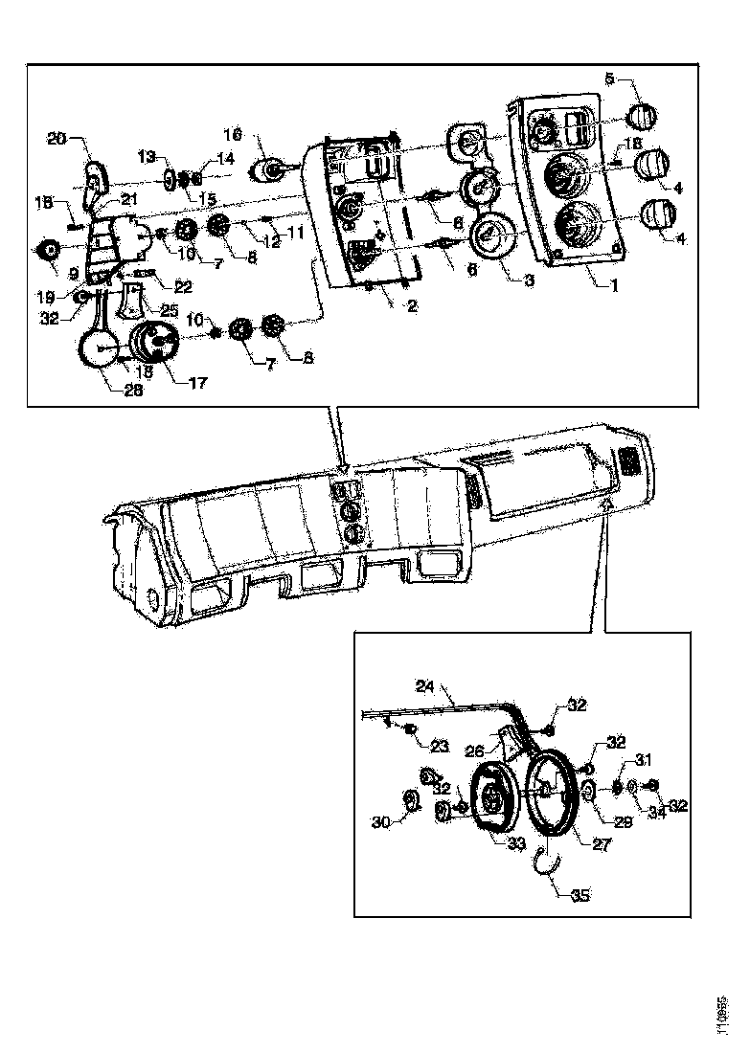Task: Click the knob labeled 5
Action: click(x=639, y=117)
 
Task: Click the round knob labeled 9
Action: click(x=47, y=250)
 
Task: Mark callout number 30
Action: click(x=380, y=821)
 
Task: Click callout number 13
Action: click(x=145, y=155)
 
